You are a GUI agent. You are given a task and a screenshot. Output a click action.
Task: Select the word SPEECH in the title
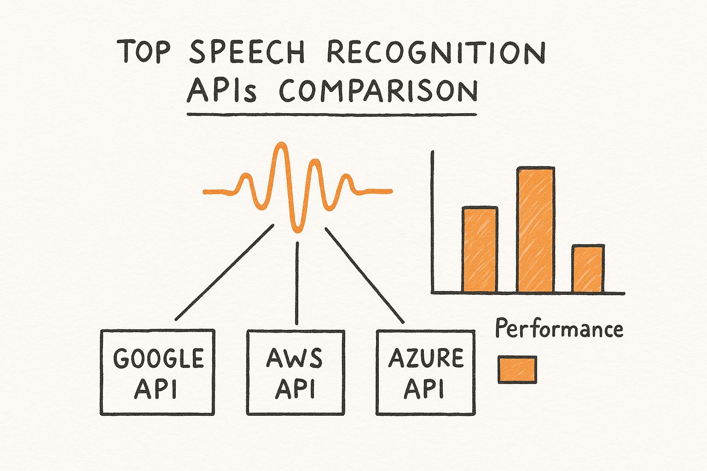click(x=247, y=52)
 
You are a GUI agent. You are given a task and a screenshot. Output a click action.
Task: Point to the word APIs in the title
click(x=221, y=91)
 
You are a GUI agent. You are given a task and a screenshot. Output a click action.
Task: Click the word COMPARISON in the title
click(x=378, y=91)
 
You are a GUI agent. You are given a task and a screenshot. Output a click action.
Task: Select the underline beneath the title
click(x=332, y=115)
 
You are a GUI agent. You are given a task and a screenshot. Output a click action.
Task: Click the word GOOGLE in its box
click(x=158, y=358)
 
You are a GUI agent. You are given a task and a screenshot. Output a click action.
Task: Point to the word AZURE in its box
click(x=426, y=358)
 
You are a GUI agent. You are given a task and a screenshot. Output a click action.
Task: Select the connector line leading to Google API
click(x=225, y=272)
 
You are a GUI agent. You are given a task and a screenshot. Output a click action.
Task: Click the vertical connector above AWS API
click(x=297, y=283)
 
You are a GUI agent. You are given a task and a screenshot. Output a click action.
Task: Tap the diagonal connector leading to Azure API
click(x=365, y=276)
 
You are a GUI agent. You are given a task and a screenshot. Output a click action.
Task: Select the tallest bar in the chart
click(x=536, y=230)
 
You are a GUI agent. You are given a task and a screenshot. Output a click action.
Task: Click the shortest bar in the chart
click(x=588, y=269)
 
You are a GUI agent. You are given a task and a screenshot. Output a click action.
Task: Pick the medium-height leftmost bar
click(x=480, y=250)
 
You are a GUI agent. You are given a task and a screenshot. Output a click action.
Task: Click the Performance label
click(x=559, y=329)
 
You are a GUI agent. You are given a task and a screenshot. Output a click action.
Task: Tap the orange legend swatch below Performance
click(x=517, y=370)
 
